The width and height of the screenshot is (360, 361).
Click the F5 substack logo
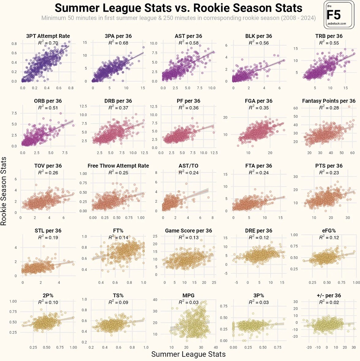coord(339,15)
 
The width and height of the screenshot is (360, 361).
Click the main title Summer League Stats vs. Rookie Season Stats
coord(179,8)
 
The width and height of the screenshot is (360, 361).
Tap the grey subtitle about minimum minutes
coord(179,18)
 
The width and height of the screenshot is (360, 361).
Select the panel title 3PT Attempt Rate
coord(48,36)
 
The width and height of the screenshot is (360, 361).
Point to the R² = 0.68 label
coord(118,43)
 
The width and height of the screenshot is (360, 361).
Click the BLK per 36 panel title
coord(259,36)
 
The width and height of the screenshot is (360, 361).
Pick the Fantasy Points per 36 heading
coord(329,101)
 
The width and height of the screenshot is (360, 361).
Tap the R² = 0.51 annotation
coord(48,108)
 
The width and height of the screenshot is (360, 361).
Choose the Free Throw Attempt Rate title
coord(118,166)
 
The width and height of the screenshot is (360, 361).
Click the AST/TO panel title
coord(188,166)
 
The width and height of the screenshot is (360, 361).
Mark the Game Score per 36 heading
coord(188,231)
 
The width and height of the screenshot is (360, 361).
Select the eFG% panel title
coord(329,231)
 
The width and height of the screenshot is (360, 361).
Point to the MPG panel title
coord(188,295)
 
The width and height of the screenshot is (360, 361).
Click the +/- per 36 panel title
coord(329,295)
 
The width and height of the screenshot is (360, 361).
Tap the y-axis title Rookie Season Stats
coord(3,191)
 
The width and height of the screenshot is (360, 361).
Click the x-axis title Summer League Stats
coord(188,354)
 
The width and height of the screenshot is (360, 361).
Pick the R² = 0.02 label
coord(329,302)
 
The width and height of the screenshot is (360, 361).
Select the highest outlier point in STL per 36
coord(44,246)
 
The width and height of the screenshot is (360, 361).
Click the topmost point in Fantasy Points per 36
coord(349,107)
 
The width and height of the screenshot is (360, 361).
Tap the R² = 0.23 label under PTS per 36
coord(329,173)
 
